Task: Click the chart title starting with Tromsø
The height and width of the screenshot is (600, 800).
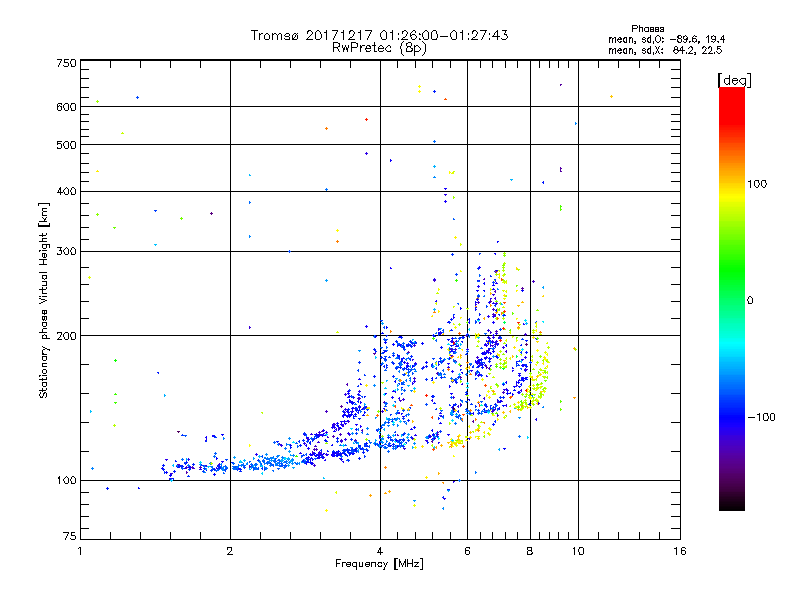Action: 379,35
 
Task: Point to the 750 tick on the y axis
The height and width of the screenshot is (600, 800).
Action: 66,62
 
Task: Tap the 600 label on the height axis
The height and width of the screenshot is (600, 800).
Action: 66,106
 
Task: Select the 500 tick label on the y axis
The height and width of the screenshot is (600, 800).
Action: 66,144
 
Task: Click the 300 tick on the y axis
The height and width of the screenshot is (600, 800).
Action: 66,251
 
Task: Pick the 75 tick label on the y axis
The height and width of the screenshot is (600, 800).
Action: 69,541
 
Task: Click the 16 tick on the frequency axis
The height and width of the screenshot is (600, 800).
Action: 679,552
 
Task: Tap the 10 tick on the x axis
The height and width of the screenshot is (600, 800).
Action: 577,552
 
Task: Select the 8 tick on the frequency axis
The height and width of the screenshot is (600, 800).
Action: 530,552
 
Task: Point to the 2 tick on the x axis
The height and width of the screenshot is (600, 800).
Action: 230,552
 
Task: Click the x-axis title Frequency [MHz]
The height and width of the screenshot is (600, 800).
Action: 379,565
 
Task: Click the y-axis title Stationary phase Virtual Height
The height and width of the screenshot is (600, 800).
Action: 44,301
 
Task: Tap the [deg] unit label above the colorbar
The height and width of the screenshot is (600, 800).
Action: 735,79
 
